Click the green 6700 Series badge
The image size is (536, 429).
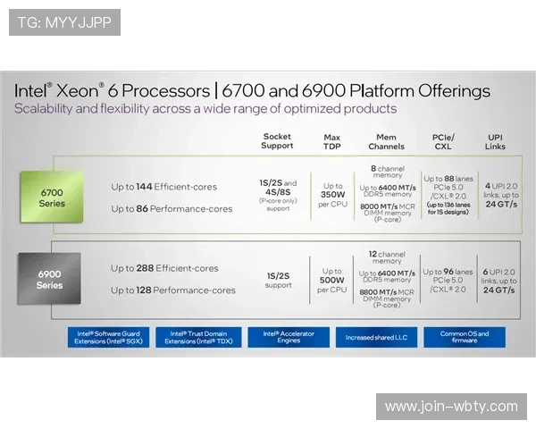[52, 197]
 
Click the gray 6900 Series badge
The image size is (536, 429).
[49, 279]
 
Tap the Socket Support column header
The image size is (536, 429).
[277, 141]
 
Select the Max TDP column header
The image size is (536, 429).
[331, 141]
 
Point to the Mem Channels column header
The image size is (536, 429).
[386, 141]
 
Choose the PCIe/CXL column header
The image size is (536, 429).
[444, 141]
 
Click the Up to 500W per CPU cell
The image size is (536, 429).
[332, 280]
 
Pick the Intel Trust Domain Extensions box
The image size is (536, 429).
[198, 337]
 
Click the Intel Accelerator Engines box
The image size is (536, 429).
[288, 337]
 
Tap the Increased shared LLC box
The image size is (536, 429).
[376, 338]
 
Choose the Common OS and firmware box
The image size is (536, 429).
[465, 337]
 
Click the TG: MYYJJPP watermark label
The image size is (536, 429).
[64, 22]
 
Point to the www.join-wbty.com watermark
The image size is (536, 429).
[451, 407]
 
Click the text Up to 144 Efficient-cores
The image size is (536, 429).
[164, 187]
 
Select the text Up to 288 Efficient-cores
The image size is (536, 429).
[164, 268]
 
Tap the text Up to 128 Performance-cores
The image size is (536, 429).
[173, 290]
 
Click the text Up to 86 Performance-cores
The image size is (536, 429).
[172, 209]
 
